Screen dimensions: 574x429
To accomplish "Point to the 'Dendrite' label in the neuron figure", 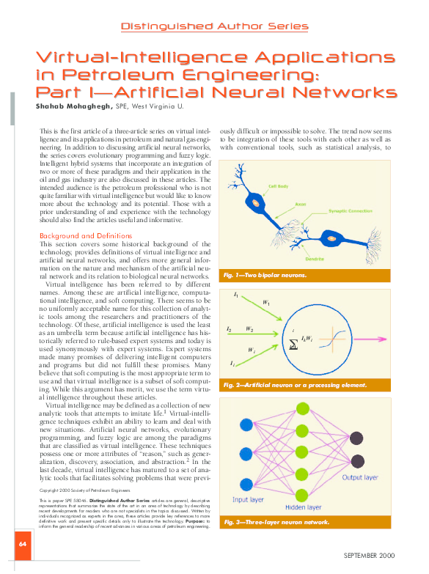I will (315, 259).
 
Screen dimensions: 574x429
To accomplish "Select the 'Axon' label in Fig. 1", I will (300, 204).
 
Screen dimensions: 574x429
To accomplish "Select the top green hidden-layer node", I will (301, 408).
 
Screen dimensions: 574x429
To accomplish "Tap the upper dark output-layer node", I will (356, 438).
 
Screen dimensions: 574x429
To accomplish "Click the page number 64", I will (23, 544).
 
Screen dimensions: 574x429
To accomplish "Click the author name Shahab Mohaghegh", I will (73, 106).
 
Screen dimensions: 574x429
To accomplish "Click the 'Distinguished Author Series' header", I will (214, 26).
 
